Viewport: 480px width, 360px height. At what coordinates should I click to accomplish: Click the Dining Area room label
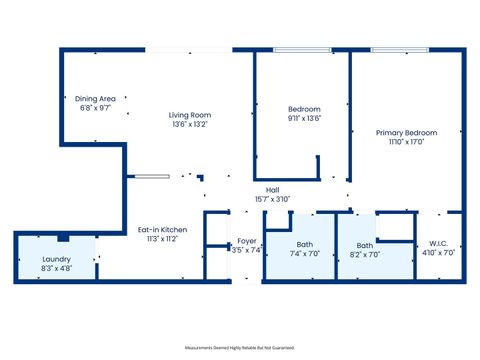96,98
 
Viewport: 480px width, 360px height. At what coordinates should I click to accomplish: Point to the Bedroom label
304,109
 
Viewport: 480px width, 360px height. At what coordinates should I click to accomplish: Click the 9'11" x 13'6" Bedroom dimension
304,118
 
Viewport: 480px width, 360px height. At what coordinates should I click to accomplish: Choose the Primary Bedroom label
406,132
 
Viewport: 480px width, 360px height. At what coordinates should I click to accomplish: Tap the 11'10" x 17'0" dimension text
406,141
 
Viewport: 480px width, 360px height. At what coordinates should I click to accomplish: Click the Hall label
272,190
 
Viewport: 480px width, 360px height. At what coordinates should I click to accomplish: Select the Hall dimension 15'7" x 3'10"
272,199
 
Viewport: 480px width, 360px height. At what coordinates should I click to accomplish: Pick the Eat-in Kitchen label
162,230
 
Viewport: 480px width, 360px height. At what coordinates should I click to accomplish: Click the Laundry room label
56,260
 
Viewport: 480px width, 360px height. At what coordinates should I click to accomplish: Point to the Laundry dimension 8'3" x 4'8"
56,269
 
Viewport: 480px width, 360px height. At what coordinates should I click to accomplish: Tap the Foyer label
246,241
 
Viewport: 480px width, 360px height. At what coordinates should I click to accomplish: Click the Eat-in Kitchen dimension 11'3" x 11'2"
162,239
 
